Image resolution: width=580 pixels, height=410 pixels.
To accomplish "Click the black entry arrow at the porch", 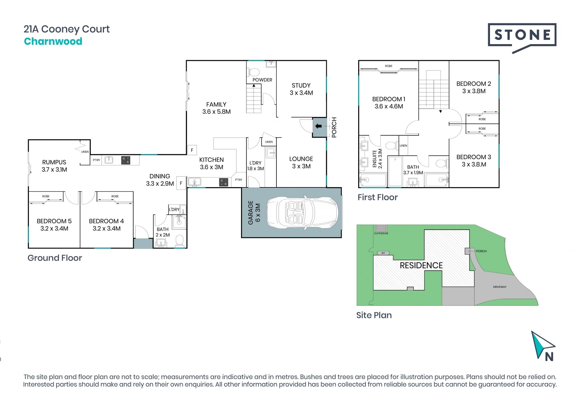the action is [x=318, y=126].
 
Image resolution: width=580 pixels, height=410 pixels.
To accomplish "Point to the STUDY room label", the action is [x=301, y=86].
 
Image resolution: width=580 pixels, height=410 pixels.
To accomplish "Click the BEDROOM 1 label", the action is [x=389, y=99].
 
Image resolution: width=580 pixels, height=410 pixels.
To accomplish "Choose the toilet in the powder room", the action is [x=254, y=72].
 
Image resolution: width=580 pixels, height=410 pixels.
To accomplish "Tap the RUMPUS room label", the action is [x=54, y=162].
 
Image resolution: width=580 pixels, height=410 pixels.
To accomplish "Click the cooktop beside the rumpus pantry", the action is [x=126, y=160].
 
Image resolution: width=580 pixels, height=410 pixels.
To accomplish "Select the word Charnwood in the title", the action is [x=53, y=41].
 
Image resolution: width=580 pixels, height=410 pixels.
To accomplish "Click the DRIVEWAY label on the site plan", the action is [x=500, y=287].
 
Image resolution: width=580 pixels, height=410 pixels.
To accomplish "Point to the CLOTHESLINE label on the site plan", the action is [x=381, y=233].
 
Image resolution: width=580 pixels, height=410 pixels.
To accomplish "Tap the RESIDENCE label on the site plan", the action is [x=421, y=265].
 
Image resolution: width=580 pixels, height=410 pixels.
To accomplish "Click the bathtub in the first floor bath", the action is [x=395, y=171].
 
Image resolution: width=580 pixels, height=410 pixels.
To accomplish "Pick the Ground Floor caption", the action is [x=55, y=258].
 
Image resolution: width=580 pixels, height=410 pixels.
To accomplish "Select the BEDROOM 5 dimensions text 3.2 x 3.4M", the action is [x=54, y=229].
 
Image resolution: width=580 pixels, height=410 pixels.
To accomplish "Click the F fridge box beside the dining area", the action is [x=181, y=183].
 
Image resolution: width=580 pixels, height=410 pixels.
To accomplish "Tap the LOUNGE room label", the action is [x=301, y=159].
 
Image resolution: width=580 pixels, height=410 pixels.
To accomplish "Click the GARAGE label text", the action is [x=250, y=213].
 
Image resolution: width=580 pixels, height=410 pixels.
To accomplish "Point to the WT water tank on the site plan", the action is [x=383, y=253].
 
